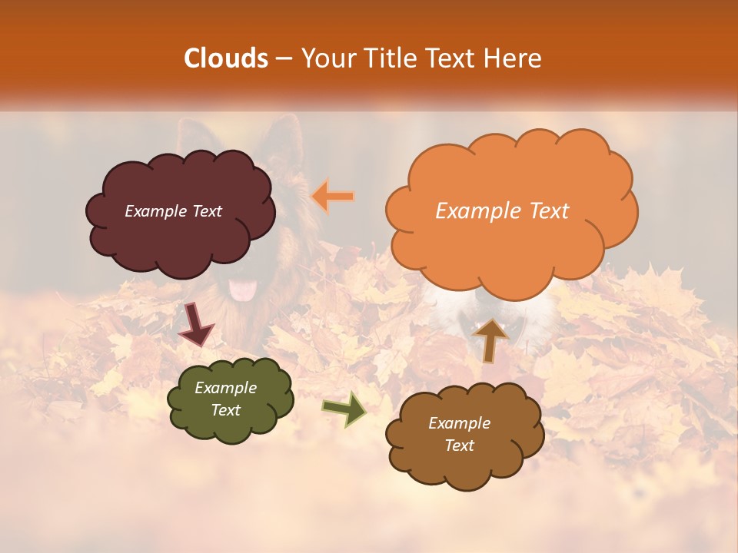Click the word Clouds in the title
click(226, 58)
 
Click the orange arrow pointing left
click(333, 197)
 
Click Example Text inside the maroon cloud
click(173, 211)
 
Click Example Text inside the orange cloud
click(502, 211)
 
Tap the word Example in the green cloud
click(225, 388)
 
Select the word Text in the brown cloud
click(459, 445)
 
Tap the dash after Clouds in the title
click(283, 59)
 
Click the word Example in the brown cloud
click(459, 423)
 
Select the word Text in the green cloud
click(225, 410)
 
